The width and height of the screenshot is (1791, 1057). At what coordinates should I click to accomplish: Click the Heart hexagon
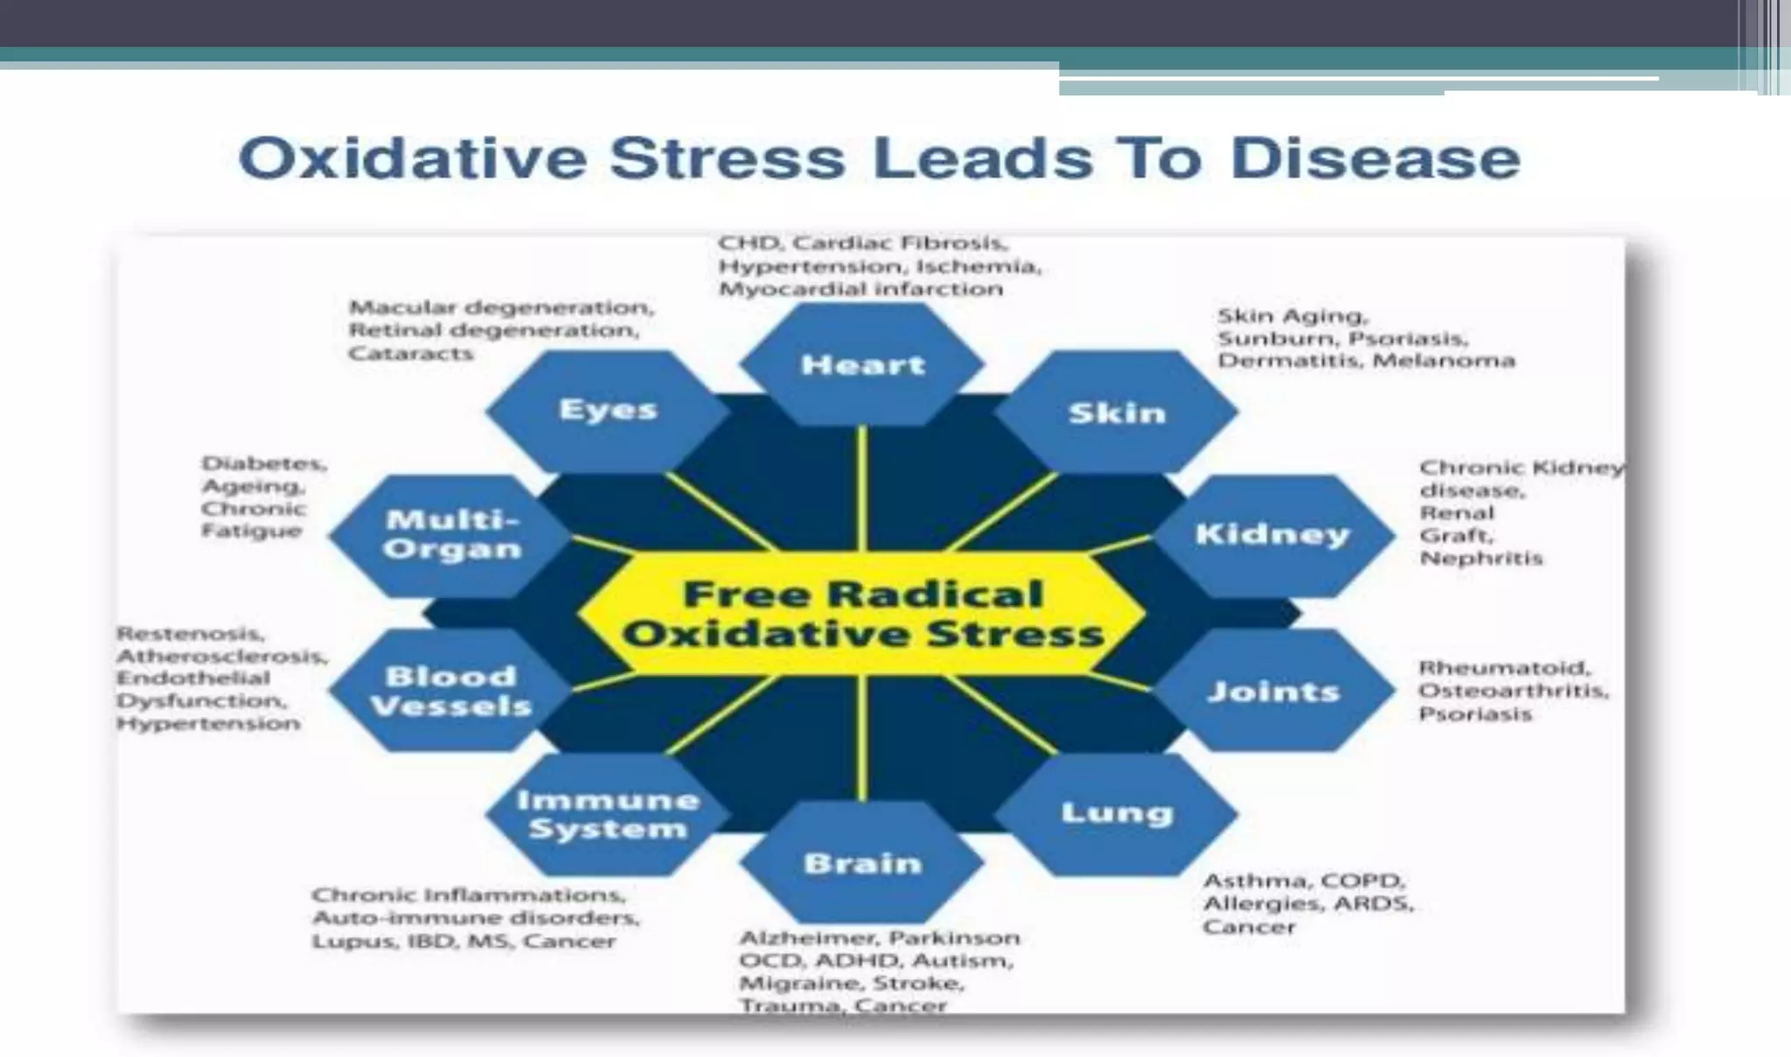coord(862,365)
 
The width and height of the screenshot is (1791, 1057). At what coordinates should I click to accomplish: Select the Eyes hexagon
coord(608,410)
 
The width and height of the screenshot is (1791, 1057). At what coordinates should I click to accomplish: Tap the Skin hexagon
coord(1117,413)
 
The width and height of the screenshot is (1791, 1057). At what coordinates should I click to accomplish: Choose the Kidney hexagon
coord(1272,534)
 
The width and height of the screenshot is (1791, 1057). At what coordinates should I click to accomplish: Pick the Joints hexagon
coord(1272,692)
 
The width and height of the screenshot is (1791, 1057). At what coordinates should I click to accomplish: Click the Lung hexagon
coord(1117,813)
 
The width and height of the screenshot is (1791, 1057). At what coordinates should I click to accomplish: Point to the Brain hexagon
coord(862,864)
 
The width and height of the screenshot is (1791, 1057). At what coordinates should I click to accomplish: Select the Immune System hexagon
coord(608,814)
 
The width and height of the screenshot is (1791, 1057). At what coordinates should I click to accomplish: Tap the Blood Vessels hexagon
coord(451,691)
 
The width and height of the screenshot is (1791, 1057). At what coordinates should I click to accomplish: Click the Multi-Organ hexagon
coord(451,534)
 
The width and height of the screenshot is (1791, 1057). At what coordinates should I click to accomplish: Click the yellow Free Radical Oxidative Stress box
coord(862,614)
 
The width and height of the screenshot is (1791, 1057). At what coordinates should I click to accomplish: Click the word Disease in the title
coord(1376,159)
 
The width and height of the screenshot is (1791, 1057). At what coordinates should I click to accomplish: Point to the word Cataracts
coord(410,354)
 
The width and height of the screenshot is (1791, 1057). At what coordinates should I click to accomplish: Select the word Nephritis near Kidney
coord(1481,558)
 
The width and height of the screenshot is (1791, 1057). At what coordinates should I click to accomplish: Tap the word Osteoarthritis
coord(1512,691)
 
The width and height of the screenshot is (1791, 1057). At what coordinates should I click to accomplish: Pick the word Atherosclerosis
coord(222,656)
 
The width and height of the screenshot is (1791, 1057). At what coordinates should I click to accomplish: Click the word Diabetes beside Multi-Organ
coord(263,463)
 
